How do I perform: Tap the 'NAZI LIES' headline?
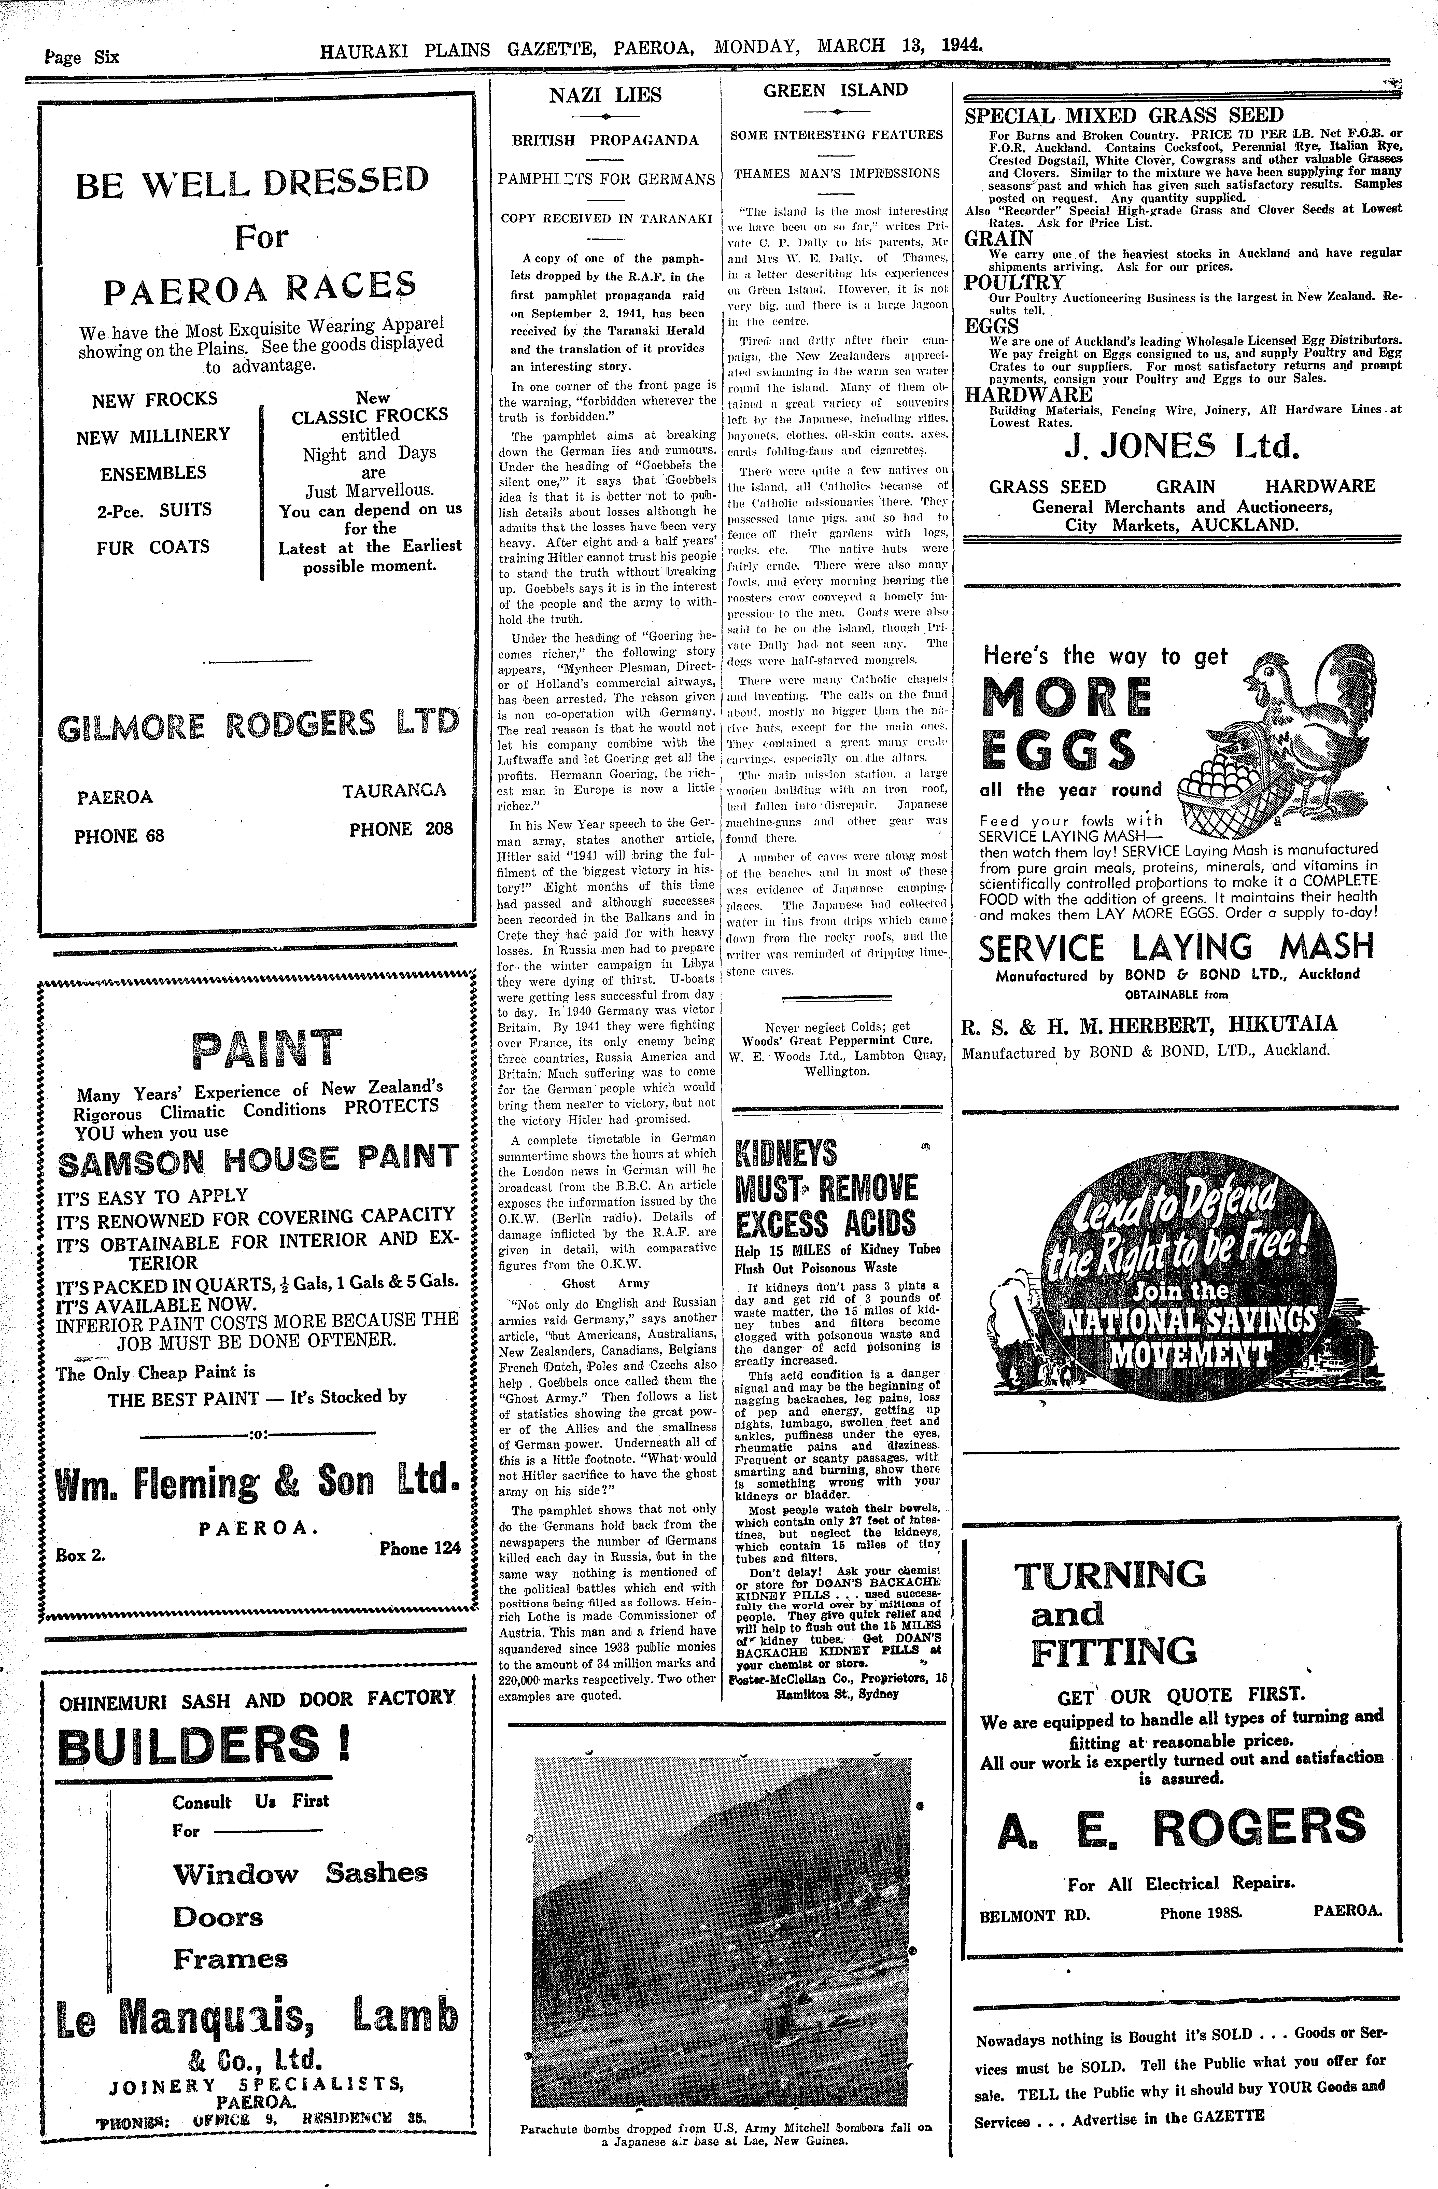(605, 95)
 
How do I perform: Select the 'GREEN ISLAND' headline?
(835, 90)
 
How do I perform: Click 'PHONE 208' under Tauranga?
(401, 829)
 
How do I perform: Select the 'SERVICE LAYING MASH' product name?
(1177, 947)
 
